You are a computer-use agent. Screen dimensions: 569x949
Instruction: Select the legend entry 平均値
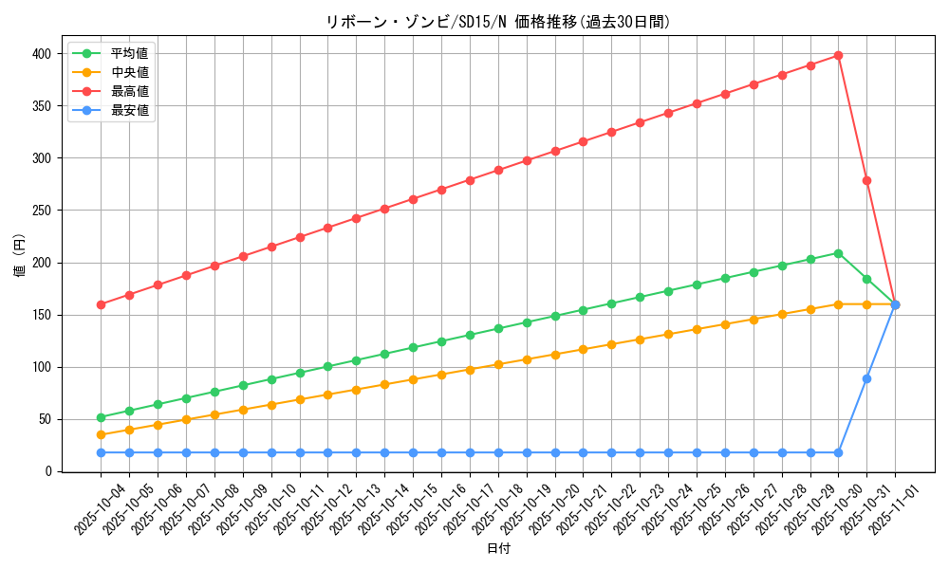coord(130,53)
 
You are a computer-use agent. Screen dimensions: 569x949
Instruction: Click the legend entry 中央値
coord(130,72)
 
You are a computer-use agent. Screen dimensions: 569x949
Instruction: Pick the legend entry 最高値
coord(130,91)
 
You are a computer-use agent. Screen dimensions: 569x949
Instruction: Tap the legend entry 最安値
coord(130,110)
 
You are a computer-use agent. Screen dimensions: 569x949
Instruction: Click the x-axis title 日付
coord(498,549)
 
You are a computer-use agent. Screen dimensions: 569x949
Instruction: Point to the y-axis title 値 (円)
coord(20,256)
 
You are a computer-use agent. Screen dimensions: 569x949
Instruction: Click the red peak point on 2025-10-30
coord(838,56)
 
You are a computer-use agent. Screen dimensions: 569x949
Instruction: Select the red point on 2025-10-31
coord(866,180)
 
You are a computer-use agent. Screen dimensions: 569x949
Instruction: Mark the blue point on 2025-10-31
coord(866,378)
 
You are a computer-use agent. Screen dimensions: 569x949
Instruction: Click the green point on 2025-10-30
coord(838,253)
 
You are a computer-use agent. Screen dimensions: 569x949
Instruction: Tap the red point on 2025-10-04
coord(101,304)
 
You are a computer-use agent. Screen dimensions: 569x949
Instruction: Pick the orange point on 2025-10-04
coord(101,435)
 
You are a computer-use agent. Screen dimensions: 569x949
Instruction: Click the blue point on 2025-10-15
coord(413,452)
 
